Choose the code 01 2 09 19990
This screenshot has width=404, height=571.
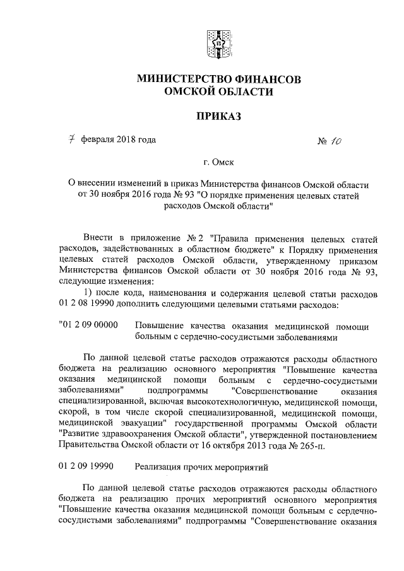(x=85, y=468)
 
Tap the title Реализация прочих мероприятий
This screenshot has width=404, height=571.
(x=202, y=468)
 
